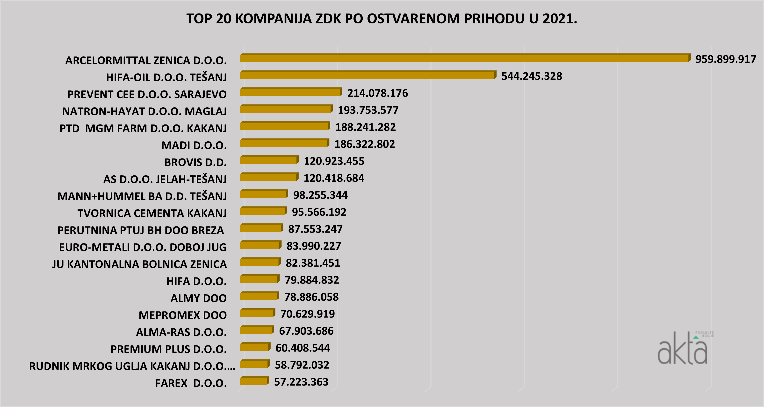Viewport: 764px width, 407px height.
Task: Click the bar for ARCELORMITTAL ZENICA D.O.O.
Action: [464, 58]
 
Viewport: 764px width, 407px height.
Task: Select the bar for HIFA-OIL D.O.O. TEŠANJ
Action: [368, 75]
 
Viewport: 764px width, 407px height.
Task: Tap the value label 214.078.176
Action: [378, 93]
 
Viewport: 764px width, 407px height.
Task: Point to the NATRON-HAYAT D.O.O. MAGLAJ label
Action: [144, 111]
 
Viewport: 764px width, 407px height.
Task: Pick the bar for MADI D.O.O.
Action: [284, 143]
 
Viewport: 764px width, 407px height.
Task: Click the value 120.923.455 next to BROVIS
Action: [334, 161]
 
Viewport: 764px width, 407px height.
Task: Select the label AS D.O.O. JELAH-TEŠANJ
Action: [165, 179]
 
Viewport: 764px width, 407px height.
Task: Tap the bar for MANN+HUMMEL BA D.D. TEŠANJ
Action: [263, 194]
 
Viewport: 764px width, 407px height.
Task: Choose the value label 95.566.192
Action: [319, 212]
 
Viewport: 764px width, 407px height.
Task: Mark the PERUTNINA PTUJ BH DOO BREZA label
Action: [141, 230]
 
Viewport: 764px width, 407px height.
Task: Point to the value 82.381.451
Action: [313, 263]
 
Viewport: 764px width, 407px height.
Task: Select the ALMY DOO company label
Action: [198, 298]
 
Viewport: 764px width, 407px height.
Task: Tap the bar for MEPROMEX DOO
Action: [257, 313]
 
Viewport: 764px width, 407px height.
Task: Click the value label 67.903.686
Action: [306, 331]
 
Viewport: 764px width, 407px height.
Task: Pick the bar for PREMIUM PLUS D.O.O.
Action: [255, 347]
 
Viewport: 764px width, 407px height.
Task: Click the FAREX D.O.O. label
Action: [191, 383]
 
